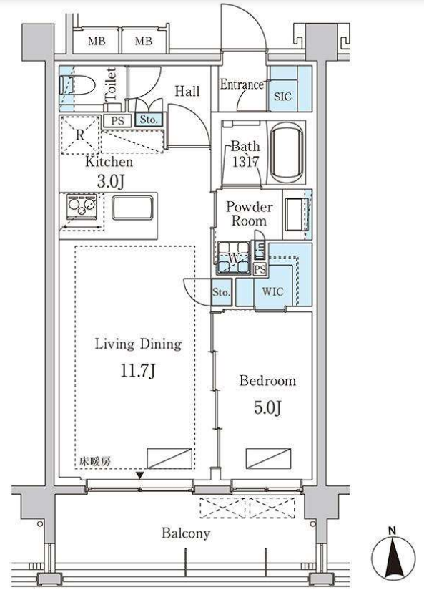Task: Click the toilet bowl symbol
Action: coord(77,85)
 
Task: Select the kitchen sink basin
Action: coord(132,208)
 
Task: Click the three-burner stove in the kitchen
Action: coord(82,207)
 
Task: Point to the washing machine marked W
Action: coord(233,258)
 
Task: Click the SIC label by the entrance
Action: coord(282,96)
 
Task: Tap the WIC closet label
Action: coord(273,291)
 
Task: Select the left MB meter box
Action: coord(97,41)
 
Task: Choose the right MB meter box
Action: coord(144,41)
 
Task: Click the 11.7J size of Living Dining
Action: coord(137,370)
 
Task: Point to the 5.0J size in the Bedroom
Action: coord(267,407)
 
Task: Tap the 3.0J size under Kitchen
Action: coord(110,181)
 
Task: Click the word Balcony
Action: coord(186,533)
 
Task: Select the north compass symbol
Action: coord(392,556)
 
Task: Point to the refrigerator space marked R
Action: coord(79,135)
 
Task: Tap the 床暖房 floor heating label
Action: coord(94,461)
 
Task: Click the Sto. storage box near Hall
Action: coord(149,120)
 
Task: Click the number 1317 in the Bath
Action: coord(245,162)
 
